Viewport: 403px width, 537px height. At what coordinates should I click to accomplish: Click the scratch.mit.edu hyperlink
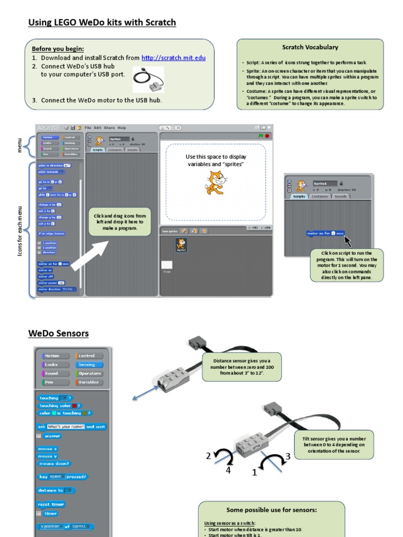pyautogui.click(x=173, y=58)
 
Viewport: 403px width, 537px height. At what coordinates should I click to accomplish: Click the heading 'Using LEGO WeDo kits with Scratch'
pyautogui.click(x=102, y=23)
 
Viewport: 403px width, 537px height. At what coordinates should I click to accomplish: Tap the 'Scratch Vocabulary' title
pyautogui.click(x=310, y=47)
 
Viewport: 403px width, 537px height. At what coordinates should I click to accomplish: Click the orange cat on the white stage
pyautogui.click(x=216, y=182)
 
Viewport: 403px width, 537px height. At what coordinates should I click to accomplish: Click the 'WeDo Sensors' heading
pyautogui.click(x=58, y=334)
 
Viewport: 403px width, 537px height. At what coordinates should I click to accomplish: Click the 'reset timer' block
pyautogui.click(x=51, y=504)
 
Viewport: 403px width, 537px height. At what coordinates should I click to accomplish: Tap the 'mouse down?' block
pyautogui.click(x=54, y=464)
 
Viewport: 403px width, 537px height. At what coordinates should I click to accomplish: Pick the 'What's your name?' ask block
pyautogui.click(x=71, y=427)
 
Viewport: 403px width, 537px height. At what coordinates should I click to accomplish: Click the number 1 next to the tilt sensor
pyautogui.click(x=254, y=472)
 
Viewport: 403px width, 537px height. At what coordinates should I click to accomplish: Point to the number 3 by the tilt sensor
pyautogui.click(x=288, y=456)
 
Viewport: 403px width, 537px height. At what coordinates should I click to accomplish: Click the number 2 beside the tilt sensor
pyautogui.click(x=208, y=456)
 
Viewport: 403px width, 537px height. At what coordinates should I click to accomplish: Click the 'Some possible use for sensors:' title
pyautogui.click(x=271, y=510)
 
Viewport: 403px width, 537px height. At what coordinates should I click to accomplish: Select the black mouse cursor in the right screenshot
pyautogui.click(x=348, y=241)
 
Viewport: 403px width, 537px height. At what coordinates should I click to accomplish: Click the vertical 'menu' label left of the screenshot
pyautogui.click(x=19, y=145)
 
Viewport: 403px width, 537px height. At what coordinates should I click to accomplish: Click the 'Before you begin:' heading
pyautogui.click(x=58, y=49)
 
